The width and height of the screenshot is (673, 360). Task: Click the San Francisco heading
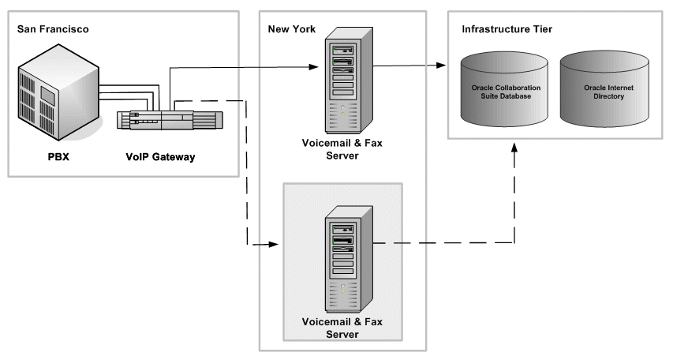point(52,29)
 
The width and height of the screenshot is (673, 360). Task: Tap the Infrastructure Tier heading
point(507,29)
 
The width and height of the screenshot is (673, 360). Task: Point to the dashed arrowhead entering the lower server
point(275,246)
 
